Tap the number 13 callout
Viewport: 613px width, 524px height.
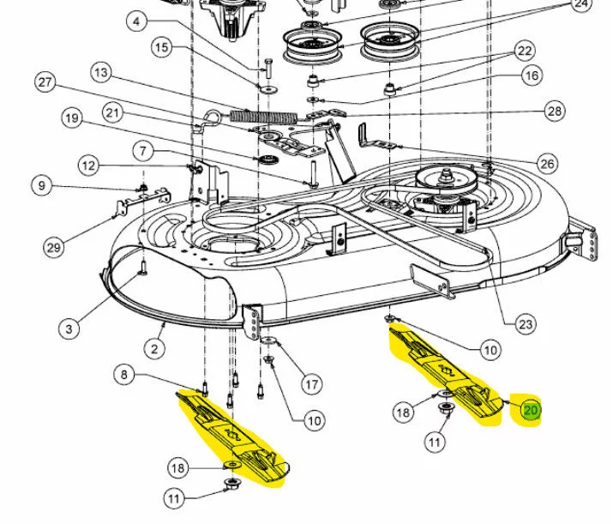pyautogui.click(x=102, y=74)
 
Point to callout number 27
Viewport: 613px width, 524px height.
pyautogui.click(x=45, y=83)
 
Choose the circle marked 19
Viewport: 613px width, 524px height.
pyautogui.click(x=71, y=117)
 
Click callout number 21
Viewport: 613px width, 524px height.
pyautogui.click(x=113, y=112)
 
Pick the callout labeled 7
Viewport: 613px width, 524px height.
pyautogui.click(x=144, y=152)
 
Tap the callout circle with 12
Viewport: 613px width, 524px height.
pyautogui.click(x=89, y=165)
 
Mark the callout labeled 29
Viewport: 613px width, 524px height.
pyautogui.click(x=53, y=248)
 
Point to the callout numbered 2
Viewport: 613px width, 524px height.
pyautogui.click(x=155, y=348)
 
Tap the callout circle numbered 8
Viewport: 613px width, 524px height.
pyautogui.click(x=125, y=374)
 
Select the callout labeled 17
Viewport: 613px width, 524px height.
pyautogui.click(x=311, y=383)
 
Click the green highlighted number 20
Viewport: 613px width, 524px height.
pyautogui.click(x=531, y=411)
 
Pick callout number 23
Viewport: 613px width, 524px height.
pyautogui.click(x=526, y=323)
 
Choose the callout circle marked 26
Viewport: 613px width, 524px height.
pyautogui.click(x=547, y=164)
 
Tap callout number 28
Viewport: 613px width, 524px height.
pyautogui.click(x=555, y=111)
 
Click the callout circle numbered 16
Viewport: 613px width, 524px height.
pyautogui.click(x=532, y=75)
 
